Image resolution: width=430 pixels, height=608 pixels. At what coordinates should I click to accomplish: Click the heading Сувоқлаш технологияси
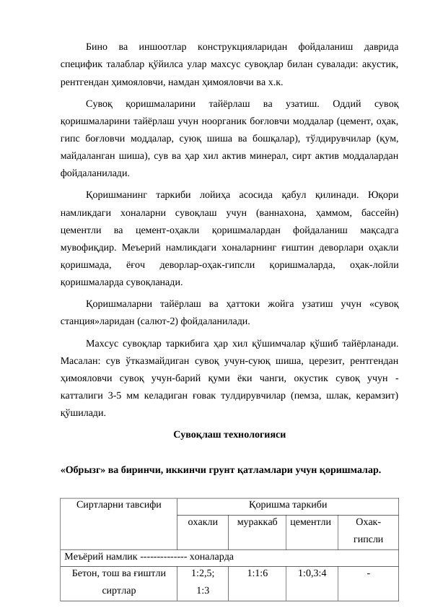229,435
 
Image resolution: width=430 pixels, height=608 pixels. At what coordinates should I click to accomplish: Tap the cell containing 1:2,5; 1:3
202,581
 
